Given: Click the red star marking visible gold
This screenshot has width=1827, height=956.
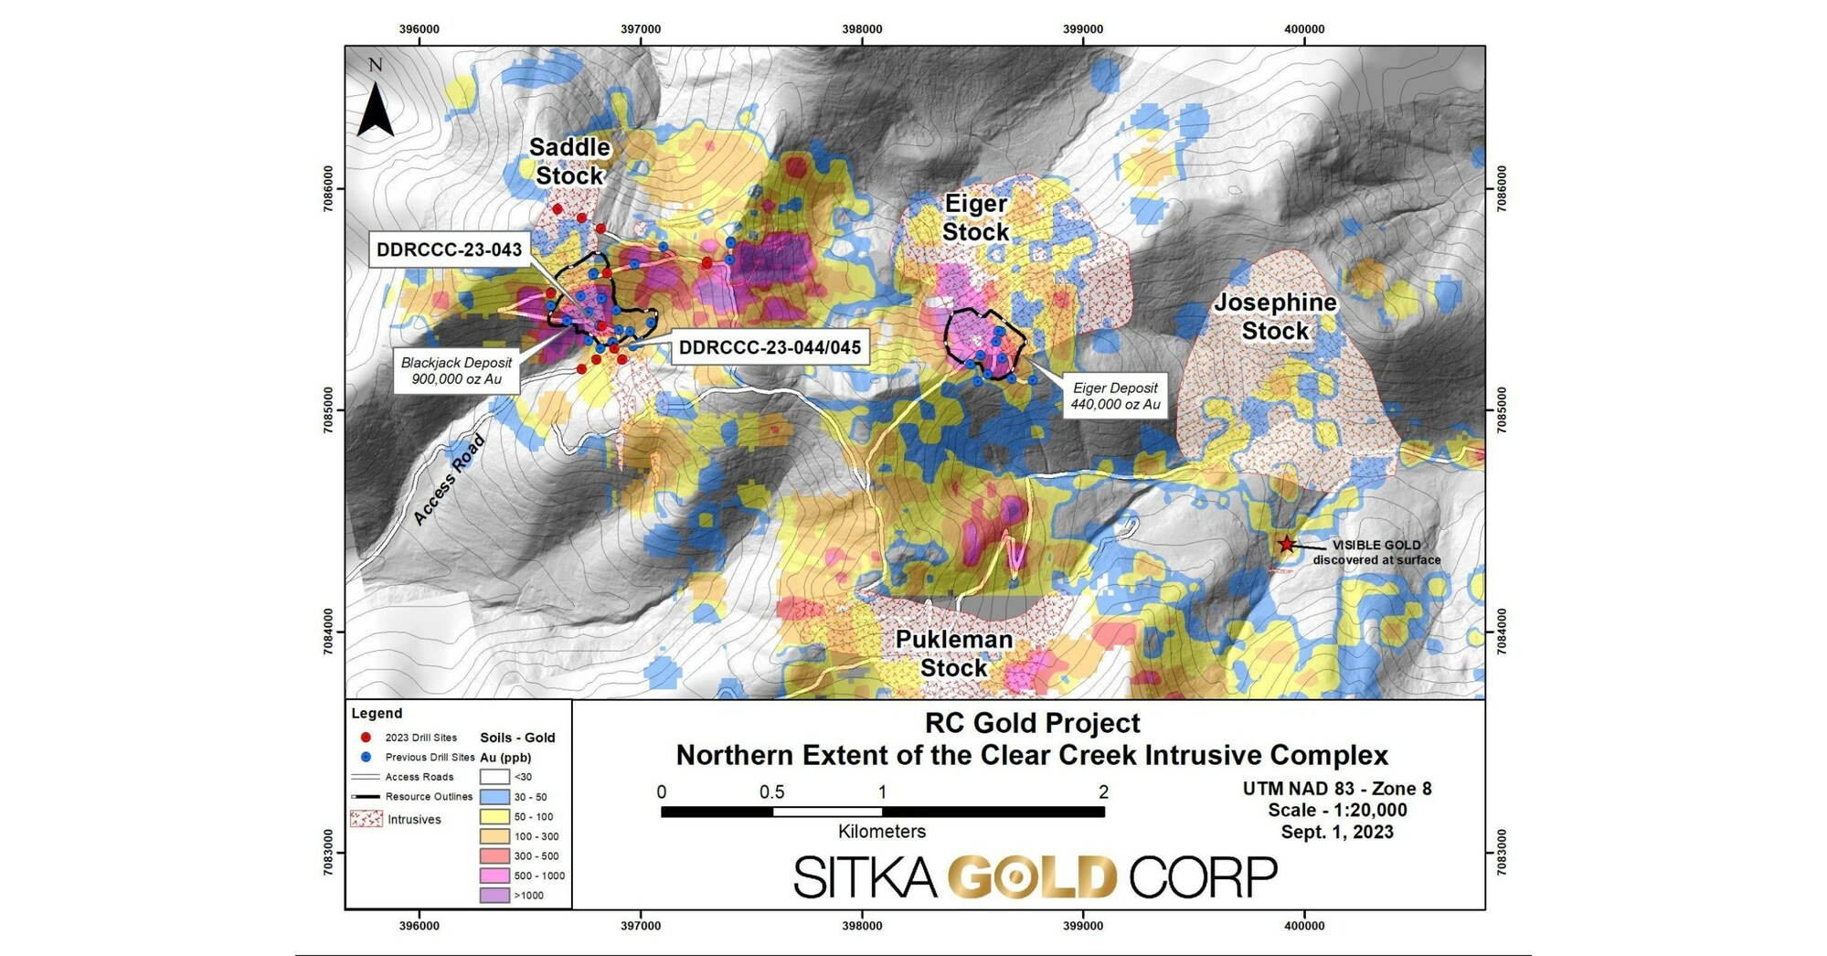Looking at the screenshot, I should point(1286,545).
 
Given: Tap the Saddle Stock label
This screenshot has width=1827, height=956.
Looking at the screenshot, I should point(569,161).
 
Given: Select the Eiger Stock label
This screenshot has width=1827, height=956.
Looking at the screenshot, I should point(975,218).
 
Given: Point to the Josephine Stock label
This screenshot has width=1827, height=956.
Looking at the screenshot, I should point(1275,316).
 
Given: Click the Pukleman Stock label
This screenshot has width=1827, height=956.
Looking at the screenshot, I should point(953,653).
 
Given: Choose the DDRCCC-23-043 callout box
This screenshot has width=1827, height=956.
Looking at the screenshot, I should point(449,250).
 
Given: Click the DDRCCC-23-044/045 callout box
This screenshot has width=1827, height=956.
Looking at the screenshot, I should point(770,348).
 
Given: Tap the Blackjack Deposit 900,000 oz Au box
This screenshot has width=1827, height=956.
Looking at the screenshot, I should point(456,370).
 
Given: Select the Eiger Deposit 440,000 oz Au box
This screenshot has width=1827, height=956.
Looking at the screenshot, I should point(1115,396).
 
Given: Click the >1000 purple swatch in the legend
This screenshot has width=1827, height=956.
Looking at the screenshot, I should point(494,896).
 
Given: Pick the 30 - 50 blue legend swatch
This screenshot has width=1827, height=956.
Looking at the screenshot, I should point(494,797).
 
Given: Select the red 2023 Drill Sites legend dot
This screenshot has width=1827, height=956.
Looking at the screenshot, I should point(366,738).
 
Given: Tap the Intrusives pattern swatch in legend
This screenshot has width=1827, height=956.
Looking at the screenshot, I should point(366,819).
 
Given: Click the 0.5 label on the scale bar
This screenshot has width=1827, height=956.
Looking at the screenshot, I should point(772,792).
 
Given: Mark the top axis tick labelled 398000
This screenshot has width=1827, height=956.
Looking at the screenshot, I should point(862,29).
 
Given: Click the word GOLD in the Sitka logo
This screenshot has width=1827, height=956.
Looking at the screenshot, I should point(1033,877).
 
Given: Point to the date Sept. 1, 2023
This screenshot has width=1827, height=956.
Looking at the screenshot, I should point(1336,832).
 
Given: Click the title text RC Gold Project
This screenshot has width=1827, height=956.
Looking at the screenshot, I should point(1032,723).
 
